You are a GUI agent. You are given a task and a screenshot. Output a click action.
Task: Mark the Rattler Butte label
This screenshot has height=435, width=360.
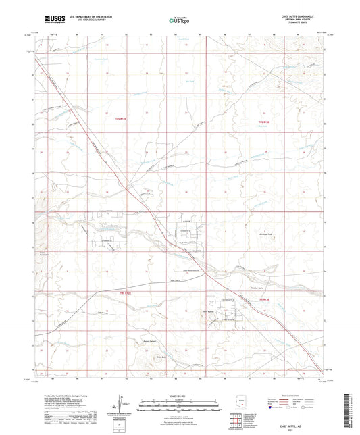pos(248,288)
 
